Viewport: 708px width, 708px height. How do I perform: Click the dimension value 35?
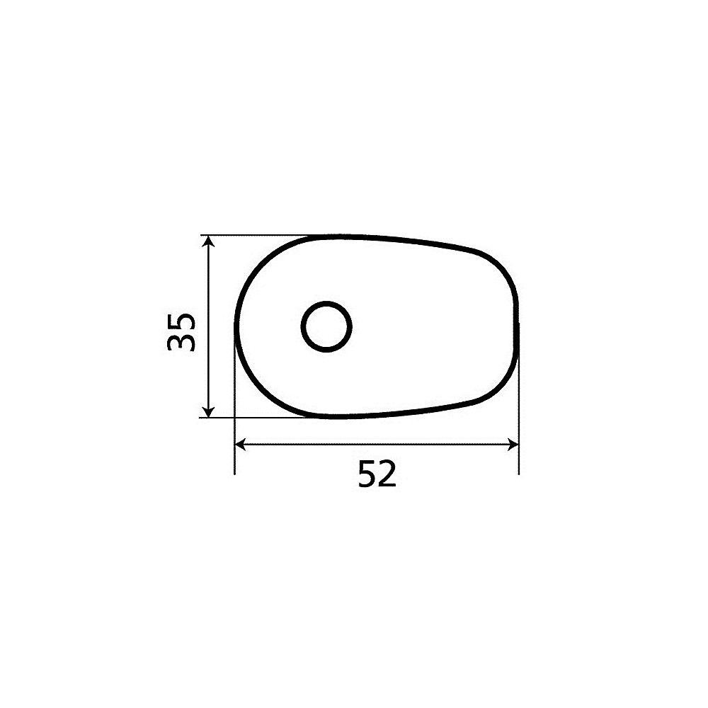click(181, 331)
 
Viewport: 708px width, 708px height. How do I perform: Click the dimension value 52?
click(377, 474)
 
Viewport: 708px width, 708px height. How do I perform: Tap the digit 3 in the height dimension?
click(181, 342)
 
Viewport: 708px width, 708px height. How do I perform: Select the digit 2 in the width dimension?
click(387, 474)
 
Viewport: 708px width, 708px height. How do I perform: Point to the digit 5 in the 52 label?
click(367, 474)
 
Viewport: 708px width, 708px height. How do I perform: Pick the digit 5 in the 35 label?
click(181, 322)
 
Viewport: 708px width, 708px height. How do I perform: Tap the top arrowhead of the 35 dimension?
click(207, 242)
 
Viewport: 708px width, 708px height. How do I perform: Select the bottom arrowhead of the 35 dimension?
click(207, 411)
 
